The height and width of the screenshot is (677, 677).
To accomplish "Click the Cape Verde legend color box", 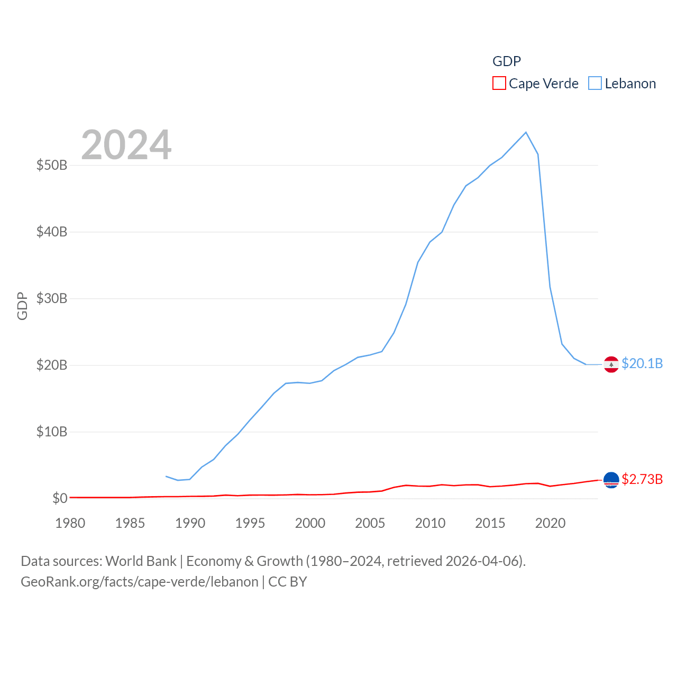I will pos(499,84).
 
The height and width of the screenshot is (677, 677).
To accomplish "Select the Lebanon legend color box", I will pos(595,84).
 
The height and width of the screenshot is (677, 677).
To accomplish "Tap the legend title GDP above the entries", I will pos(507,61).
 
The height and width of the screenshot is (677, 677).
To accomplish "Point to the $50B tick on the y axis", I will pos(52,165).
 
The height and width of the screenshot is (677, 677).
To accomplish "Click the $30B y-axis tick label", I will pos(52,298).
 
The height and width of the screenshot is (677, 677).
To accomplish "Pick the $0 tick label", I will pos(60,498).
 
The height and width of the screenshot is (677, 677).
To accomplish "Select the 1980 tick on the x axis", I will pos(70,523).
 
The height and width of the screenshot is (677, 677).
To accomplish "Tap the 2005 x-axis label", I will pos(370,523).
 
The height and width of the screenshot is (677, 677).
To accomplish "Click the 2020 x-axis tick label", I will pos(550,523).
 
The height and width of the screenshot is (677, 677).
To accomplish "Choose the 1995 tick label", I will pos(250,523).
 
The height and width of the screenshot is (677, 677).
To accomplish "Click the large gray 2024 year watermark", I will pos(126,145).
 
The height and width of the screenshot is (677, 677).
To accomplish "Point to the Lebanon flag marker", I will pos(611,364).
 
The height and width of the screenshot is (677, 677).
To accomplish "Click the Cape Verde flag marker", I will pos(611,480).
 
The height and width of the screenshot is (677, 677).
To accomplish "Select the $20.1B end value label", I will pos(642,363).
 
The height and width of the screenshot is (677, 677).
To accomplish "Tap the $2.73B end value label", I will pos(642,479).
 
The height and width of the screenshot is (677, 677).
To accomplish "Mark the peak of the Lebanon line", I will pos(526,132).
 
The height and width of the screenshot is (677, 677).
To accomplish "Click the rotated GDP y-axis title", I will pos(22,306).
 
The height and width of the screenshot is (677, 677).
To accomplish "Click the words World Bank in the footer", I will pos(141,561).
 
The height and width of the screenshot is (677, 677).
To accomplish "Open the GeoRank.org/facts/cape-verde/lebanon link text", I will pos(140,582).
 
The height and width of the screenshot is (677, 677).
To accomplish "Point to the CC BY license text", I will pos(288,582).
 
